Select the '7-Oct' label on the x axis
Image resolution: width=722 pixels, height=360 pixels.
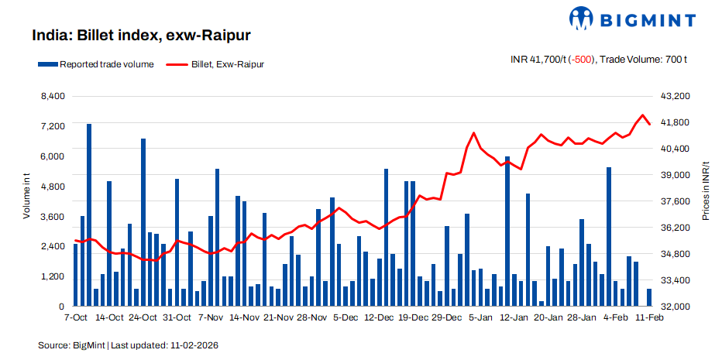(x=76, y=317)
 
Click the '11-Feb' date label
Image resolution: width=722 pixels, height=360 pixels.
(x=648, y=317)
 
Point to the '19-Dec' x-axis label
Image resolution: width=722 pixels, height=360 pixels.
(x=413, y=317)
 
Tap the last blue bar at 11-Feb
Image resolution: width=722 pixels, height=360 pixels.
(x=649, y=297)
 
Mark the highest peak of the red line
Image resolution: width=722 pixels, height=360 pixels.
(x=642, y=115)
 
